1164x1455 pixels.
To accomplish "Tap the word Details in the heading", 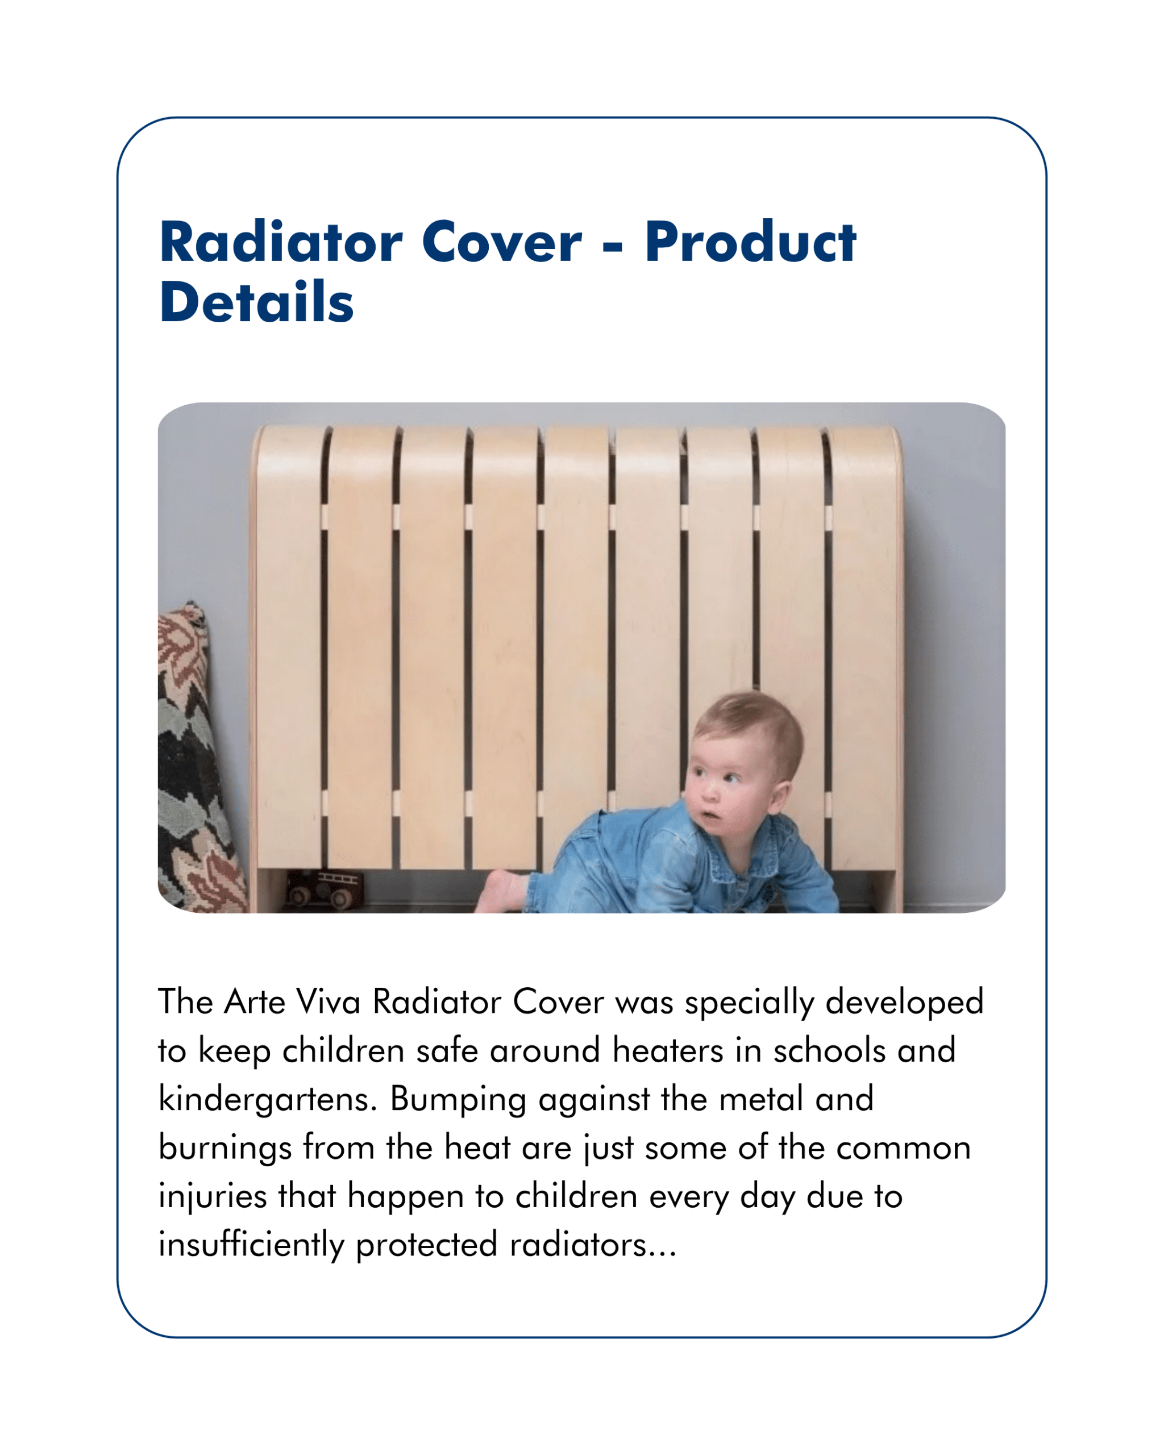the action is [x=256, y=302].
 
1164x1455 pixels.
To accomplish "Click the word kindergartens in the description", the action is [x=267, y=1099].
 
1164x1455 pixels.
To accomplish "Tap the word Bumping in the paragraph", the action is [x=458, y=1099].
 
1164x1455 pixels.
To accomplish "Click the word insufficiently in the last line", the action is [x=252, y=1245].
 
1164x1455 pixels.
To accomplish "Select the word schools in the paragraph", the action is [x=829, y=1050].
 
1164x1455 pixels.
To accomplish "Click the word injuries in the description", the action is [x=213, y=1196].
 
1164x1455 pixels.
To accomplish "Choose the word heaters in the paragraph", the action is [x=668, y=1050].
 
